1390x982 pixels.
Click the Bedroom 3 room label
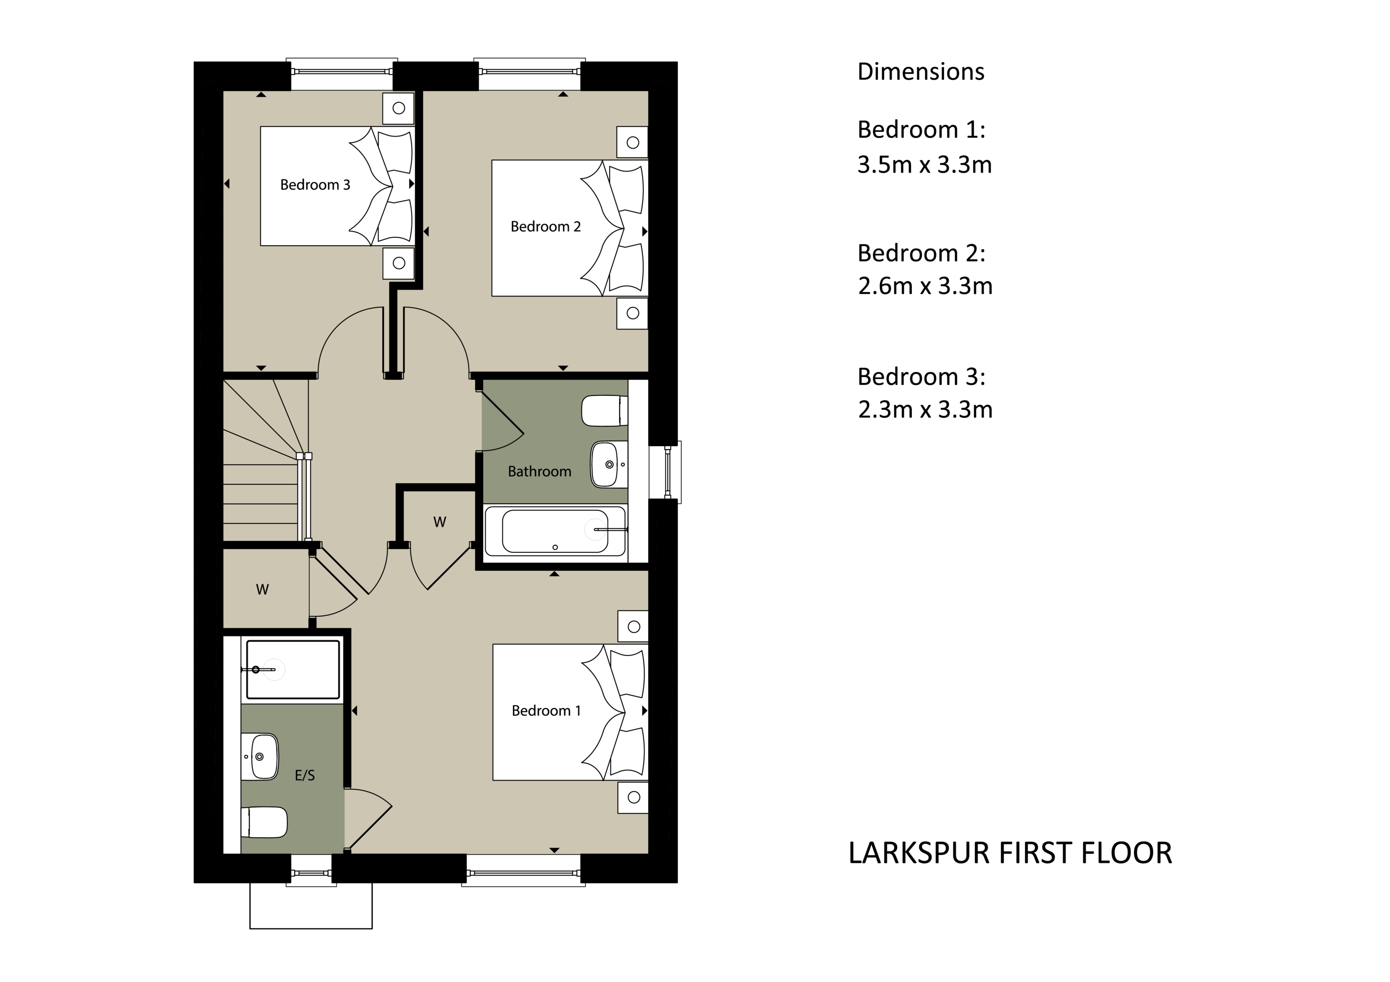(x=315, y=185)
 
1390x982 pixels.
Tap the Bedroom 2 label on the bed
(x=545, y=226)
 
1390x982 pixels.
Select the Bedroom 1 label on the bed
(x=546, y=710)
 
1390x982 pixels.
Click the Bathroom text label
(x=540, y=471)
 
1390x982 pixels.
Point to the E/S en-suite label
(x=305, y=775)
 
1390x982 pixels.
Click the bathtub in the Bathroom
(x=555, y=531)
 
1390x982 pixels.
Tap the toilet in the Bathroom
(x=605, y=411)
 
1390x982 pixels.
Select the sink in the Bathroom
(x=609, y=464)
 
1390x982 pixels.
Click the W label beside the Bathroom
(x=440, y=521)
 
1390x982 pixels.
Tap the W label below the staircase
(x=262, y=589)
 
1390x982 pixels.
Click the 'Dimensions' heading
(x=921, y=71)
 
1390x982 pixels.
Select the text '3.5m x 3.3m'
(x=924, y=165)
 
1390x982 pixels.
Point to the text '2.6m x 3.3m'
(x=925, y=285)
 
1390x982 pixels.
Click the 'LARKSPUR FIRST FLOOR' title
(x=1010, y=853)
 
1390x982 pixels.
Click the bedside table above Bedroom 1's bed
(x=633, y=626)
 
